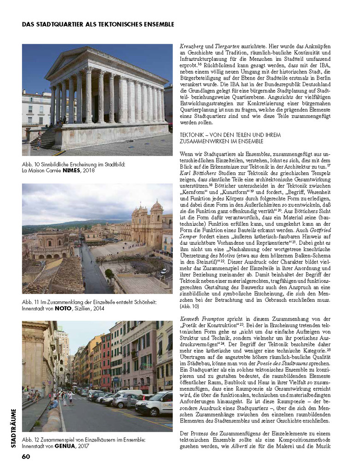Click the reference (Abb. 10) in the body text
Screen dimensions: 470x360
click(189, 306)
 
